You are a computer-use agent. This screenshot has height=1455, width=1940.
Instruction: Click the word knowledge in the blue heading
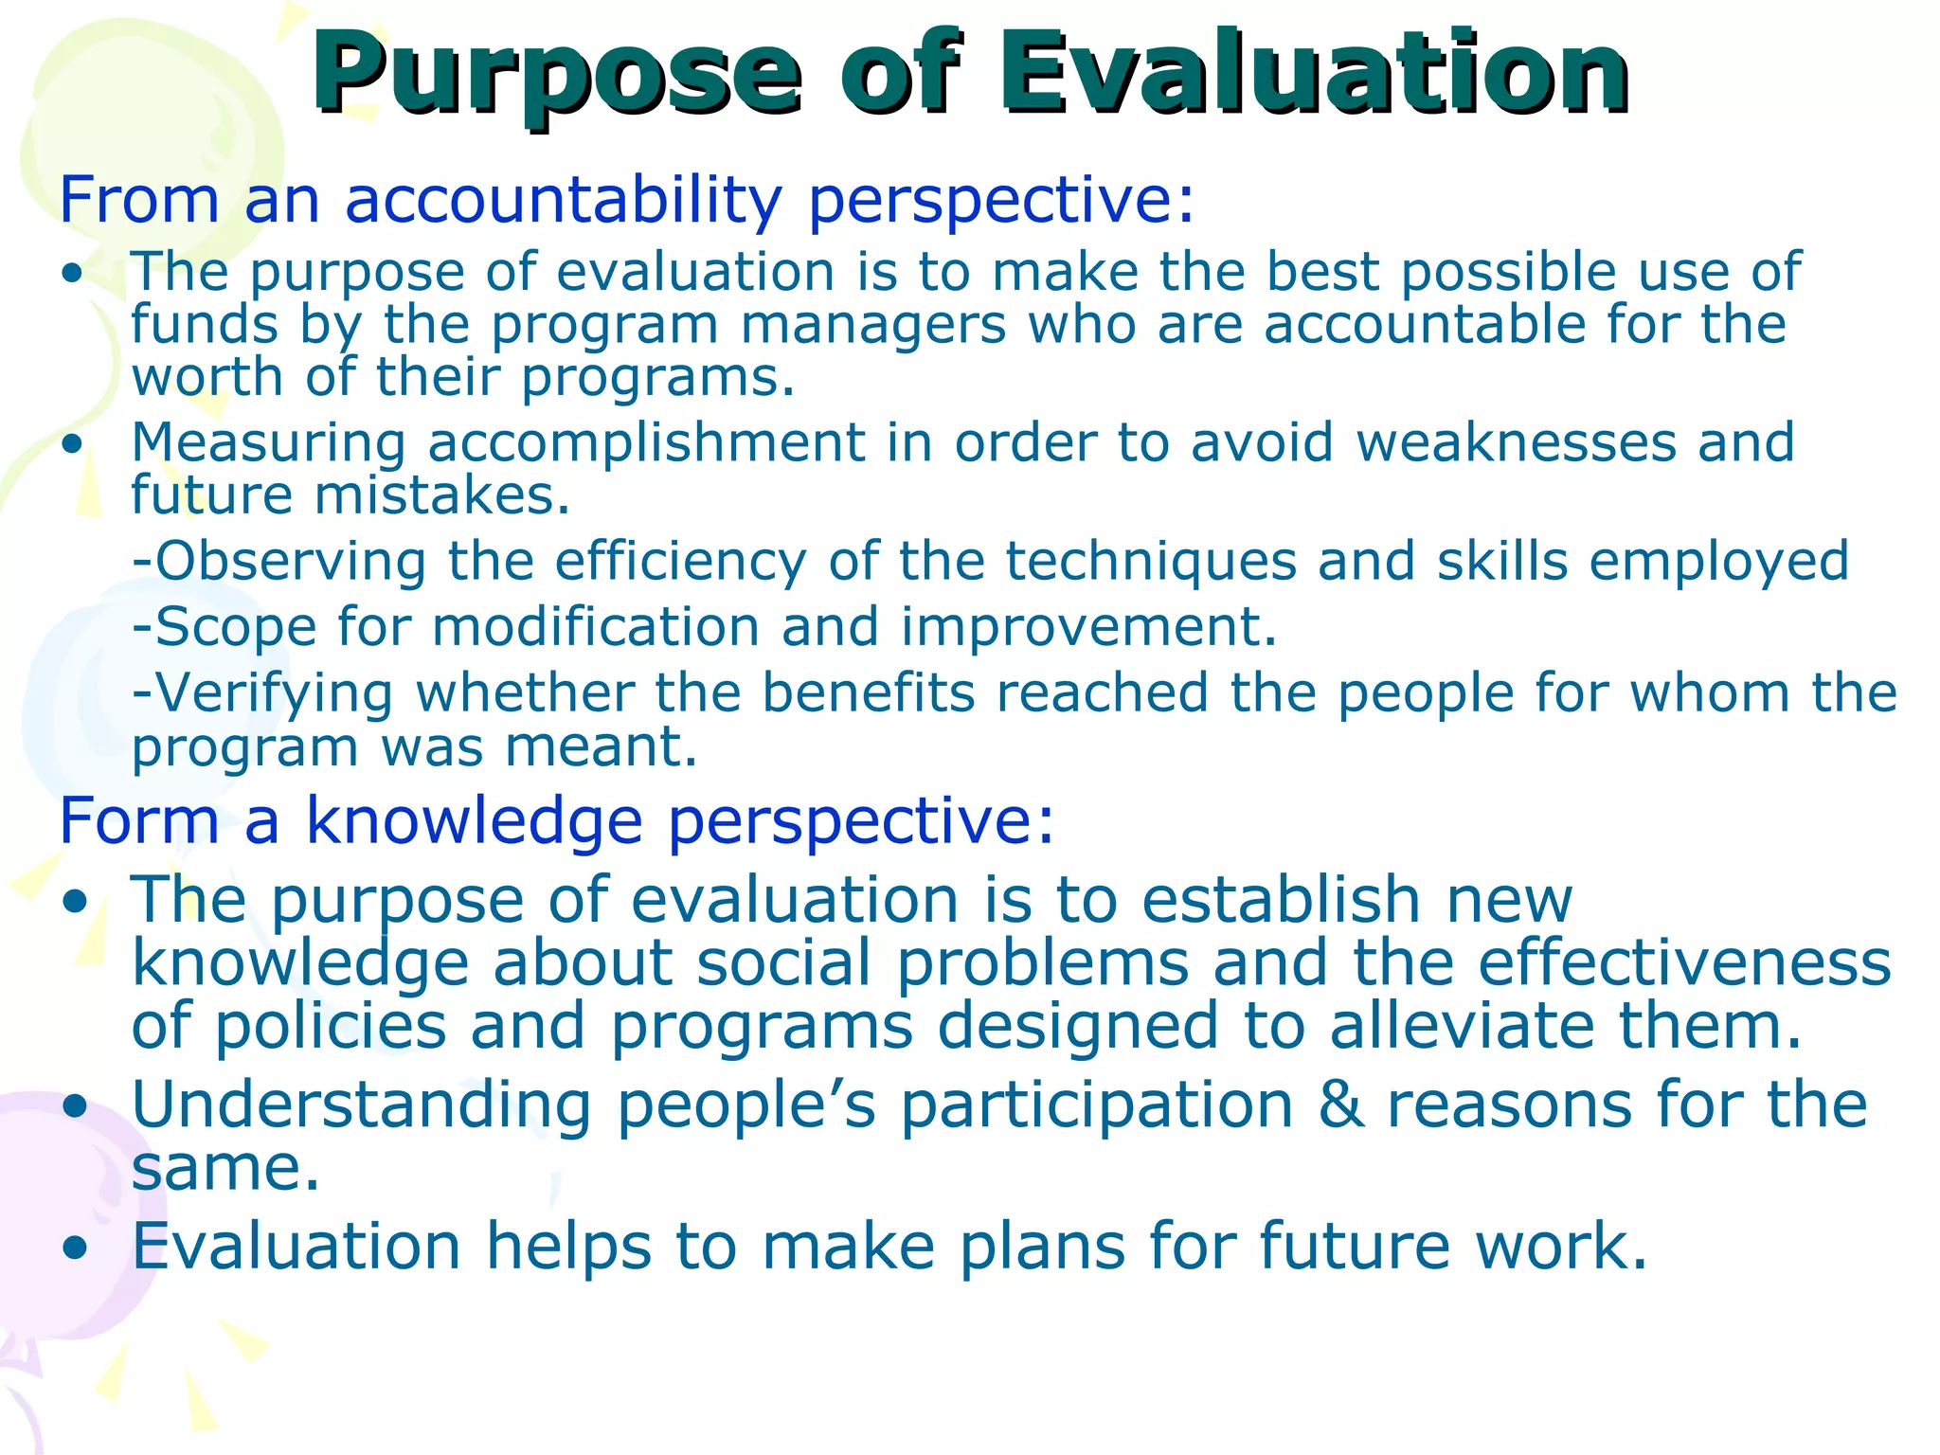click(x=474, y=820)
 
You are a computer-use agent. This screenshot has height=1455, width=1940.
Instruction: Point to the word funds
click(x=205, y=325)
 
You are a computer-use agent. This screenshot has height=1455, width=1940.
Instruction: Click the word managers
click(x=872, y=325)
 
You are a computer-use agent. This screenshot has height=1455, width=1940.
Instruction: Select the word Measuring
click(x=268, y=443)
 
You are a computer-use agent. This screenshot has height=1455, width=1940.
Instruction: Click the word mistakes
click(x=442, y=495)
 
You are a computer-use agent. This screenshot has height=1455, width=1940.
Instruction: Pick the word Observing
click(x=290, y=562)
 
